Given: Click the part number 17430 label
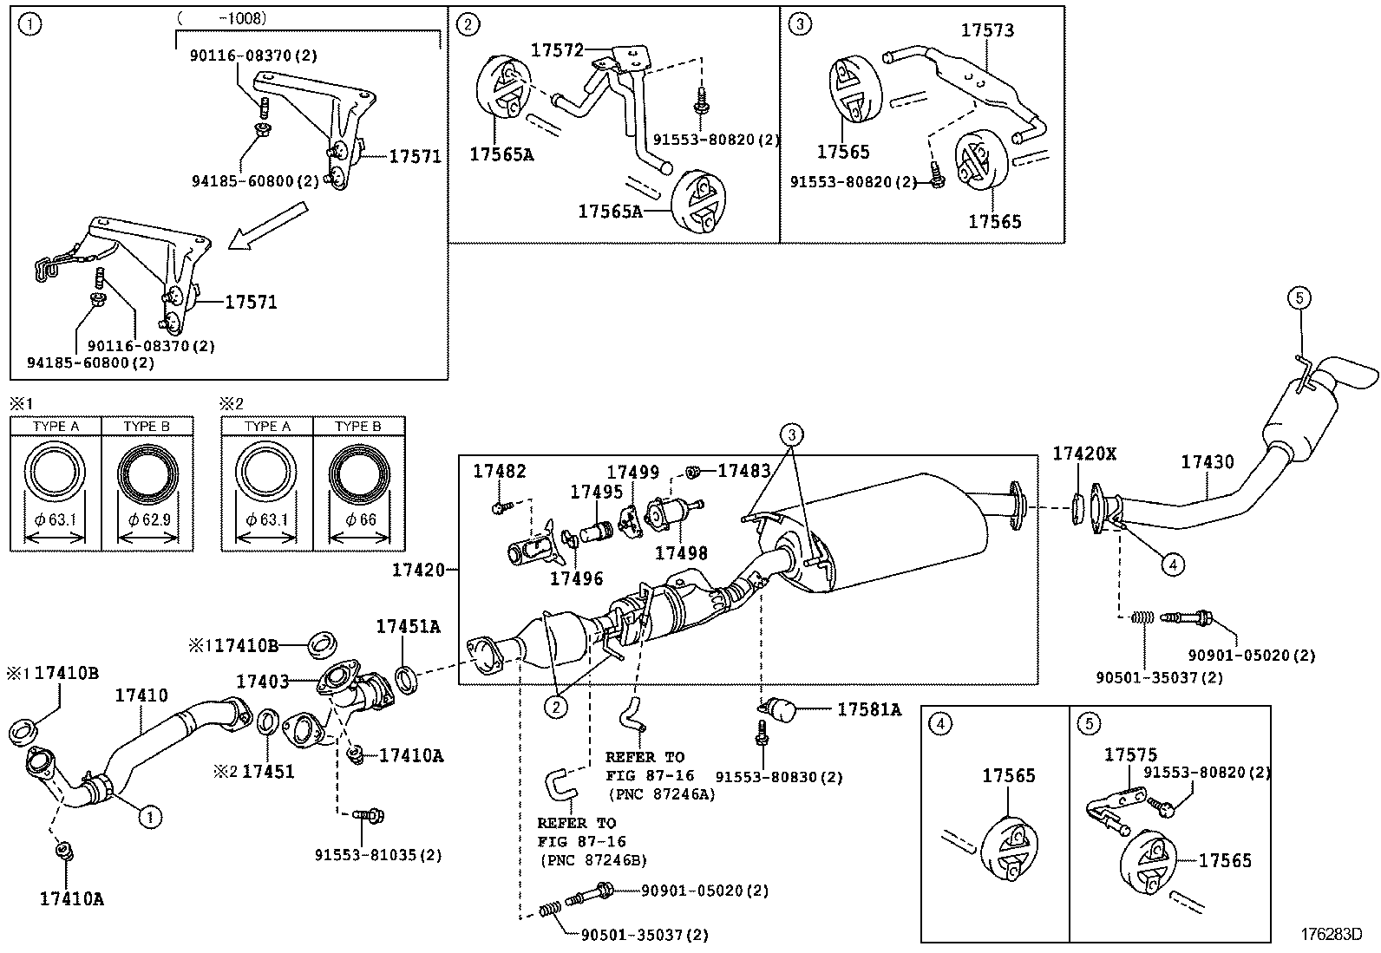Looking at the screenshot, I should (x=1207, y=462).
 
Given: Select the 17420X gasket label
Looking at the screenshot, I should (x=1084, y=454).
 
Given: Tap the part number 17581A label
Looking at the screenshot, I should (x=868, y=710).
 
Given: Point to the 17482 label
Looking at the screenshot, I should (x=499, y=471).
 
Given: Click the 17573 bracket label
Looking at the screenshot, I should (x=987, y=30).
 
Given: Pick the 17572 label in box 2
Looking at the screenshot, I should (x=558, y=50).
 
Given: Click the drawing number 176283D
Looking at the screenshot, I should (x=1330, y=934).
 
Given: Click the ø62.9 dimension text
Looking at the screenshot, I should (x=147, y=519).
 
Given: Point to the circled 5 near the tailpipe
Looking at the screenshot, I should (x=1298, y=299).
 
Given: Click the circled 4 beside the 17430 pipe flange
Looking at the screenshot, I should (x=1171, y=565).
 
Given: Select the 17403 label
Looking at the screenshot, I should (x=262, y=682).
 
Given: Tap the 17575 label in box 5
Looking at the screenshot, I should (x=1130, y=755).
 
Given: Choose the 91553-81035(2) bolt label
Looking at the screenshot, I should (x=378, y=855).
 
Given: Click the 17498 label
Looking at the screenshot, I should (x=681, y=552).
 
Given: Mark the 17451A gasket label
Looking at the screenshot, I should (x=408, y=627).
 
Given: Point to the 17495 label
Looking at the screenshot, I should (x=596, y=492).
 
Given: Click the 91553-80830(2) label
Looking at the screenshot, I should (x=779, y=778).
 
